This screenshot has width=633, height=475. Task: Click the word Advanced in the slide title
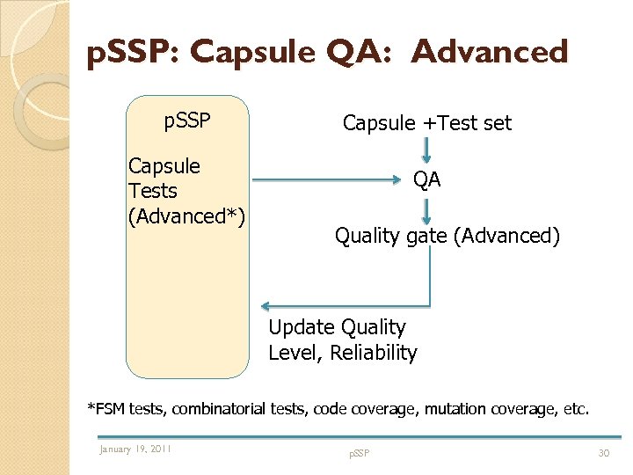point(490,52)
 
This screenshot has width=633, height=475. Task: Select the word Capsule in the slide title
point(254,52)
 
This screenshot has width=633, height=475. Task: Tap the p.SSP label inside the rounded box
point(187,121)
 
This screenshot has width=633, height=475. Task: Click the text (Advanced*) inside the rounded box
point(186,216)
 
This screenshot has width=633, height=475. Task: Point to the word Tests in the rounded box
point(153,191)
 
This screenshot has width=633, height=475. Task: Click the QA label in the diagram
point(427,180)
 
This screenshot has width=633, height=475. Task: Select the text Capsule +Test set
point(426,123)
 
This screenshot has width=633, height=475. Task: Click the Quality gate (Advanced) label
point(447,236)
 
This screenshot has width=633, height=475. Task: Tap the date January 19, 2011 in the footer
point(135,449)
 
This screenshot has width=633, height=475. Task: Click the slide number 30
point(603,452)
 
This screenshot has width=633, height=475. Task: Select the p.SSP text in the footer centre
point(359,453)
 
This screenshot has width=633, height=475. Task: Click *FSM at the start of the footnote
point(106,408)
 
